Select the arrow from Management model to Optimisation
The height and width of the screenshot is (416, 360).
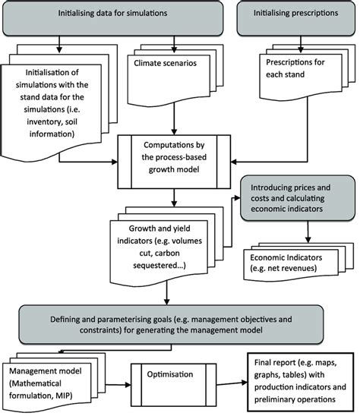coord(120,376)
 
